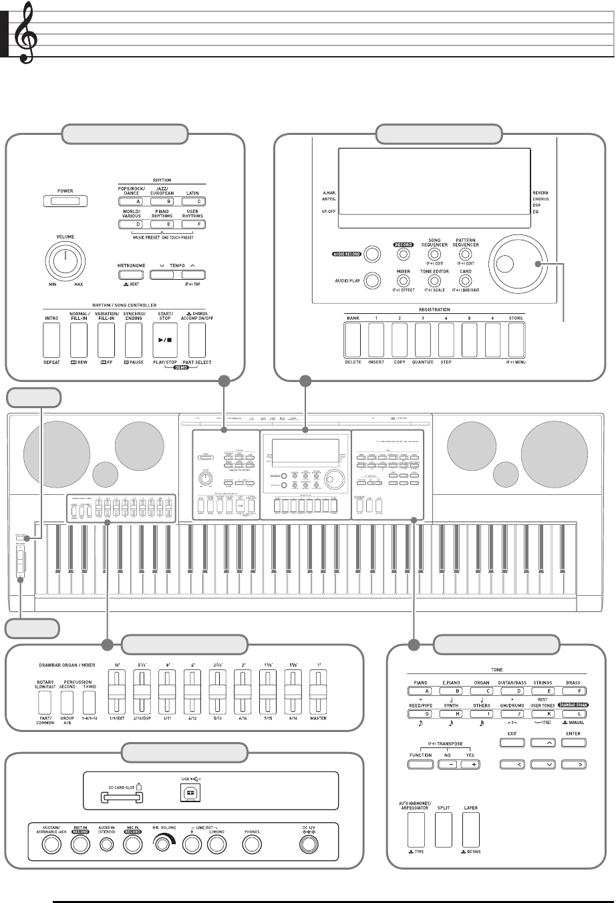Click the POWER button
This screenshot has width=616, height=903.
pyautogui.click(x=65, y=200)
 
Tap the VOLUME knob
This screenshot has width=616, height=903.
pyautogui.click(x=64, y=259)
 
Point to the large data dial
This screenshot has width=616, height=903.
pyautogui.click(x=515, y=263)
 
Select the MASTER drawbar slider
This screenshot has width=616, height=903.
pyautogui.click(x=318, y=699)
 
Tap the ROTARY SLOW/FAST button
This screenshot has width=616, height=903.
pyautogui.click(x=46, y=701)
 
